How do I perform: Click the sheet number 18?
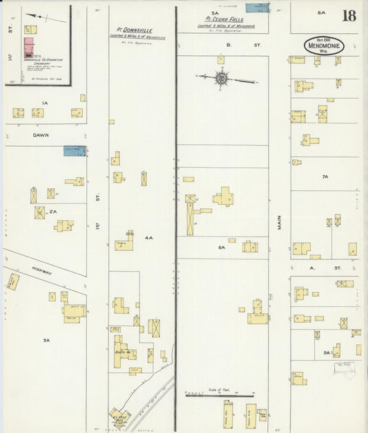[349, 15]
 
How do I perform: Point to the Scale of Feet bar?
[220, 394]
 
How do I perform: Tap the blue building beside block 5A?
[260, 8]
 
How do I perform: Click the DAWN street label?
[40, 135]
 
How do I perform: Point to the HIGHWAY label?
[42, 272]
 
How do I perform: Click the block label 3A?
[46, 340]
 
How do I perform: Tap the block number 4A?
[148, 237]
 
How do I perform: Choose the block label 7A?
[324, 177]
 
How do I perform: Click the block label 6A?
[320, 12]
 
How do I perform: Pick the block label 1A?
[44, 103]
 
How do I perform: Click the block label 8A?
[222, 246]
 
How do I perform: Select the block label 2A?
[52, 212]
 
